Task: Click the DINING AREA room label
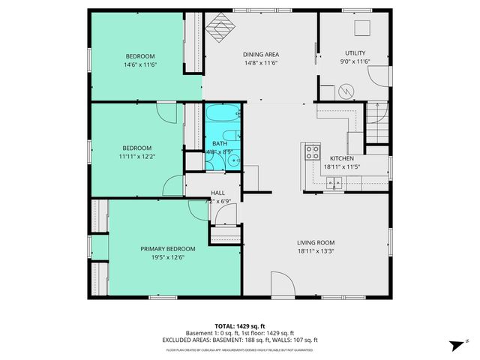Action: pyautogui.click(x=260, y=54)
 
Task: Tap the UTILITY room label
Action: pyautogui.click(x=355, y=52)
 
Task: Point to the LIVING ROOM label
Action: pyautogui.click(x=315, y=242)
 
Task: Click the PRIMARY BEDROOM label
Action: pyautogui.click(x=167, y=248)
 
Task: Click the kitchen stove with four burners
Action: pyautogui.click(x=311, y=152)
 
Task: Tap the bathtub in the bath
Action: pyautogui.click(x=223, y=116)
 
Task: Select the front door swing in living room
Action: pyautogui.click(x=282, y=286)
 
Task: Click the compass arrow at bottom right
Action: pyautogui.click(x=454, y=345)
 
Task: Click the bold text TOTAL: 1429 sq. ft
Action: pyautogui.click(x=240, y=326)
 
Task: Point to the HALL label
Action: pyautogui.click(x=217, y=193)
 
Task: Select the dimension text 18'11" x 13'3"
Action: pyautogui.click(x=315, y=251)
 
